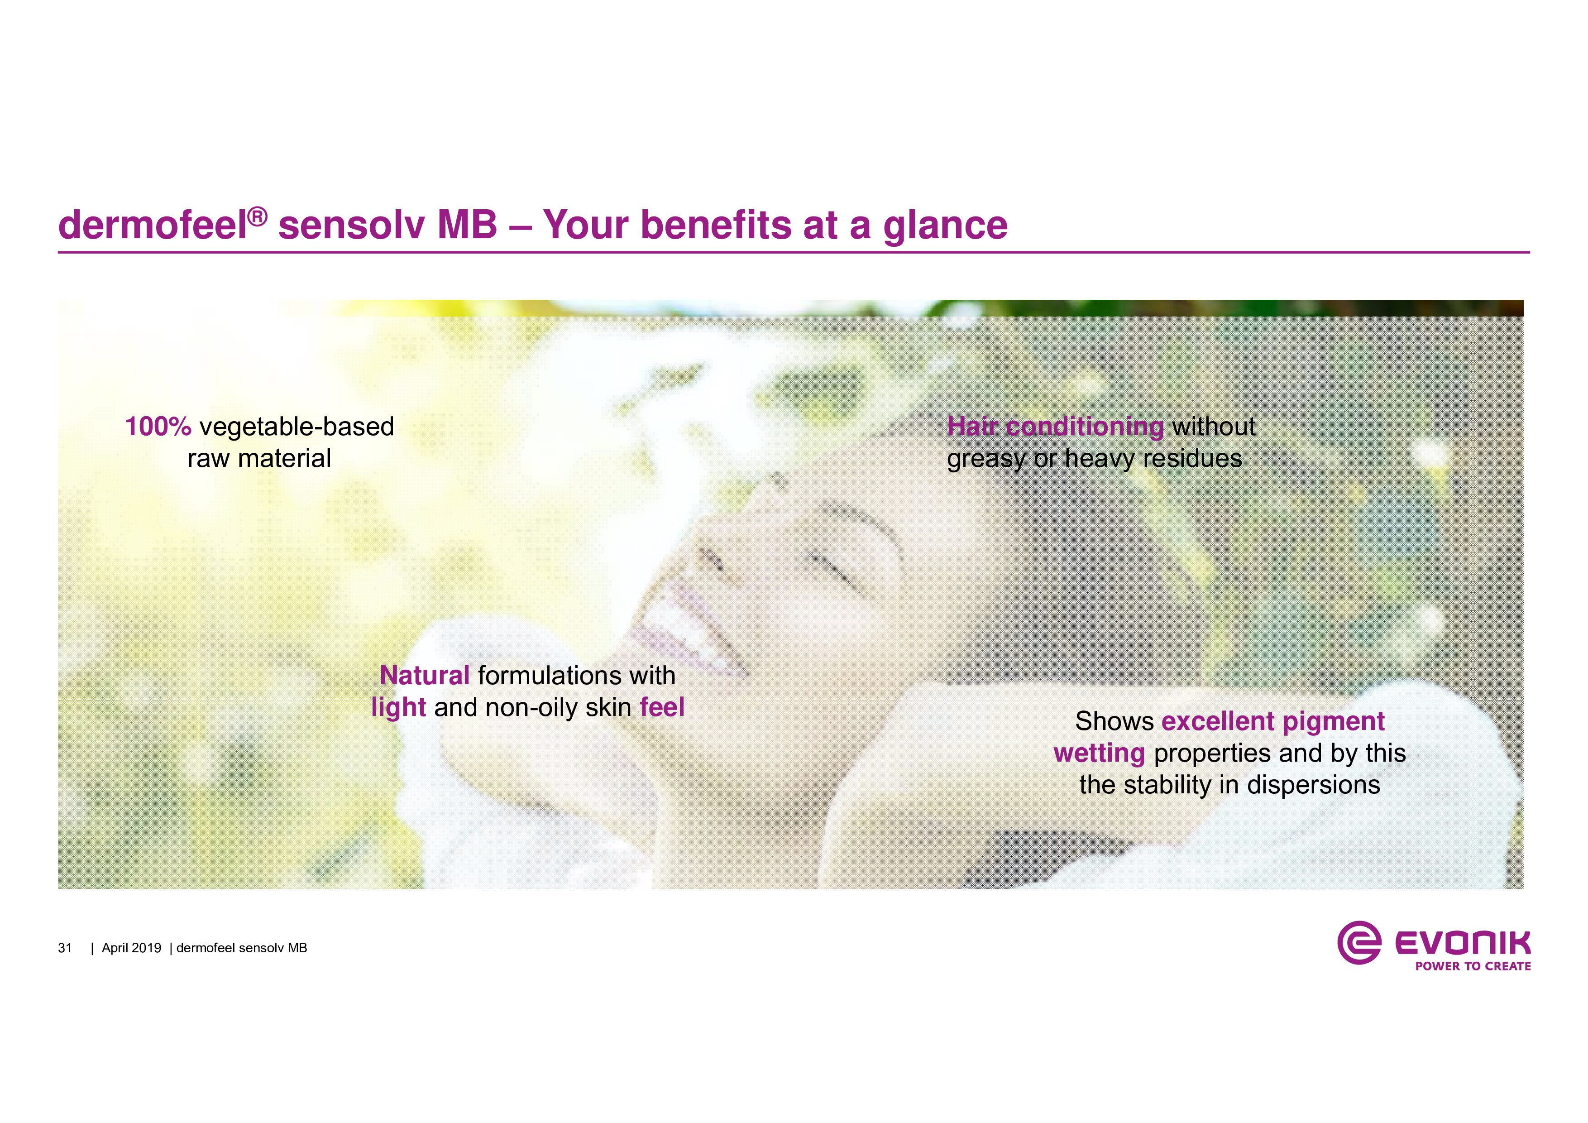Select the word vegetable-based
tap(297, 427)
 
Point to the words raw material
tap(259, 458)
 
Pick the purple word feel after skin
tap(662, 707)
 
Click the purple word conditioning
tap(1085, 427)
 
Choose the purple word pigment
tap(1334, 722)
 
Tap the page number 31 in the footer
tap(65, 948)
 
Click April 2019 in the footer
tap(131, 948)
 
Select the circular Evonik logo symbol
tap(1359, 942)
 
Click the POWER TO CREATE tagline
tap(1473, 966)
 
